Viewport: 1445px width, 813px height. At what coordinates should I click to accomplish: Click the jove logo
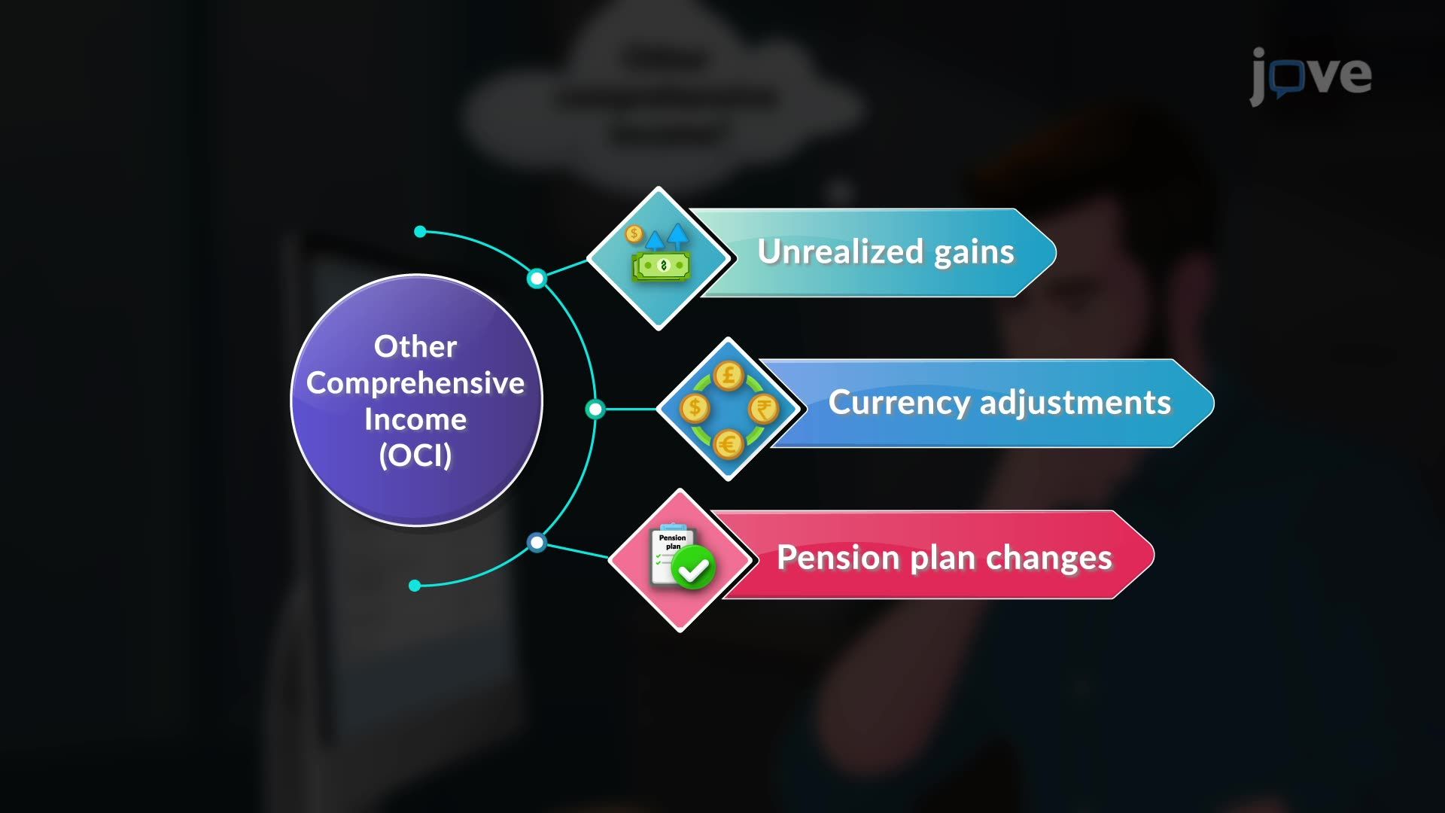tap(1311, 75)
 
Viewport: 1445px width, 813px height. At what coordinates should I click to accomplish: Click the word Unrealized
tap(841, 251)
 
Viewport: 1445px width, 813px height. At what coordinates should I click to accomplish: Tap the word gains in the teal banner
tap(974, 254)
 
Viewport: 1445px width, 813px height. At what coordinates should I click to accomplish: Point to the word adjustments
tap(1075, 403)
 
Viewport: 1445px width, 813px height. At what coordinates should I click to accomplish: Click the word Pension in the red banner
tap(838, 558)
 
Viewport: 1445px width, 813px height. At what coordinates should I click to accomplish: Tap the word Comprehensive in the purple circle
tap(415, 384)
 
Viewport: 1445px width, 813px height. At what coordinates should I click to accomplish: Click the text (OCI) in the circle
tap(415, 455)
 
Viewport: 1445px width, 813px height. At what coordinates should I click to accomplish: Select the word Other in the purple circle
tap(415, 346)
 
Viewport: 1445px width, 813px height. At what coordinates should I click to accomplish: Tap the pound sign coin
tap(729, 375)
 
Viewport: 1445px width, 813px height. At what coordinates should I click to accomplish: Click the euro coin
tap(728, 444)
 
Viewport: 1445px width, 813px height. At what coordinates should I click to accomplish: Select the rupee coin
tap(763, 410)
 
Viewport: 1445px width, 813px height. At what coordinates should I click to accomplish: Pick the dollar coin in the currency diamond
tap(694, 409)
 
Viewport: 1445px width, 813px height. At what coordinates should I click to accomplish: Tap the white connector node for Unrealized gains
tap(537, 279)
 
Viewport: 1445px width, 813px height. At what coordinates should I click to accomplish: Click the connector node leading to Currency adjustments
tap(595, 409)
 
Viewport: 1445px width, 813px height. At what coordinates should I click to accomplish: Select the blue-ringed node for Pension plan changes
tap(537, 542)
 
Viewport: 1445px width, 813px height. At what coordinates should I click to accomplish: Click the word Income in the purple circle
tap(415, 419)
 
